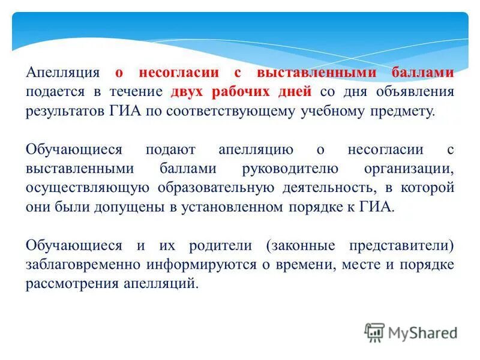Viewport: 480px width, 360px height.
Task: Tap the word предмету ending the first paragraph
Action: pyautogui.click(x=398, y=112)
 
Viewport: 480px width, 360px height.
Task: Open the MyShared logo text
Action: pyautogui.click(x=422, y=332)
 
